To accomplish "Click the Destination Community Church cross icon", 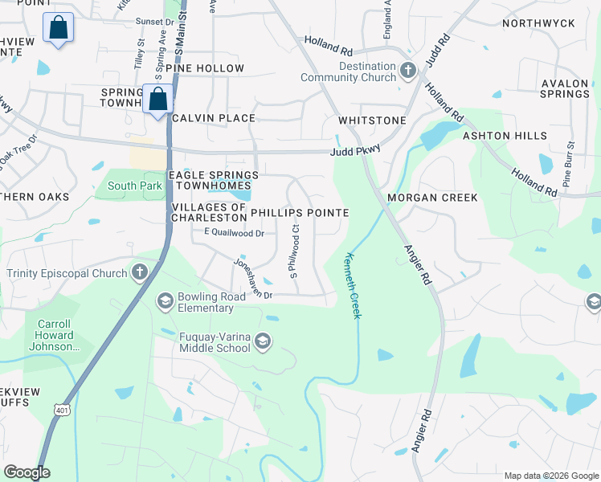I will pos(407,71).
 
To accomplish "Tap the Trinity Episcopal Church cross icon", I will pos(139,272).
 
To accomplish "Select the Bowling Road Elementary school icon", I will pos(166,301).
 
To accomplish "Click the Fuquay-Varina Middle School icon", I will pos(262,344).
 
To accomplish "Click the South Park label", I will pos(135,186).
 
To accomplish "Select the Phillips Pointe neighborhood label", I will pos(300,213).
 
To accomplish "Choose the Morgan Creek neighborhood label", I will pos(432,198).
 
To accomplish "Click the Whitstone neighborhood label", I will pos(372,120).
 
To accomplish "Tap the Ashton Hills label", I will pos(505,137).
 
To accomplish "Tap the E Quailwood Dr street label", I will pos(234,233).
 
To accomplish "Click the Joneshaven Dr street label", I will pos(253,278).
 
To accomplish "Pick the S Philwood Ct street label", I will pos(294,252).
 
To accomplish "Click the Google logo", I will pos(27,472).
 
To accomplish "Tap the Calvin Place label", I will pos(213,118).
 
